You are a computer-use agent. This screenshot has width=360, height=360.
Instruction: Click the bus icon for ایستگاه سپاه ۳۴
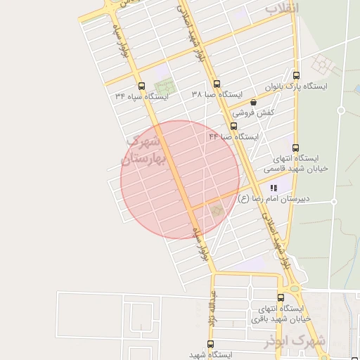[142, 86]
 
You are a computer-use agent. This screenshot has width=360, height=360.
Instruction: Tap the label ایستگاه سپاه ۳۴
[143, 97]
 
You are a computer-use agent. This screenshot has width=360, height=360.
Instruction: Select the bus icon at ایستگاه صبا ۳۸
[217, 83]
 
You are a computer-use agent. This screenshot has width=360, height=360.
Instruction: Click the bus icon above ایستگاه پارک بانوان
[295, 76]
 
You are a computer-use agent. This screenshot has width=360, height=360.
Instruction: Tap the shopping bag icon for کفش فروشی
[253, 103]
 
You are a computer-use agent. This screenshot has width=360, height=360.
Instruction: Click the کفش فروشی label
[253, 112]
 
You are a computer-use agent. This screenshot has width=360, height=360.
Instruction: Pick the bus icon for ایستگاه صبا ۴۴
[233, 127]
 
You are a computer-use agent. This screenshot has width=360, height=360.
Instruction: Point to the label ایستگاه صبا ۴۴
[233, 137]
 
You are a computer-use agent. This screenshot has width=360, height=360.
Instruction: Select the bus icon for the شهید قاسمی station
[295, 148]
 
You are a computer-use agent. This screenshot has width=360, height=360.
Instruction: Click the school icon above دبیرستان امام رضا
[274, 188]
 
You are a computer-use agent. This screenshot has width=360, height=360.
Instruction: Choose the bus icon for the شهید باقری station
[281, 298]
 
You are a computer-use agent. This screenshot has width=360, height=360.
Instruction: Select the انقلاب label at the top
[282, 8]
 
